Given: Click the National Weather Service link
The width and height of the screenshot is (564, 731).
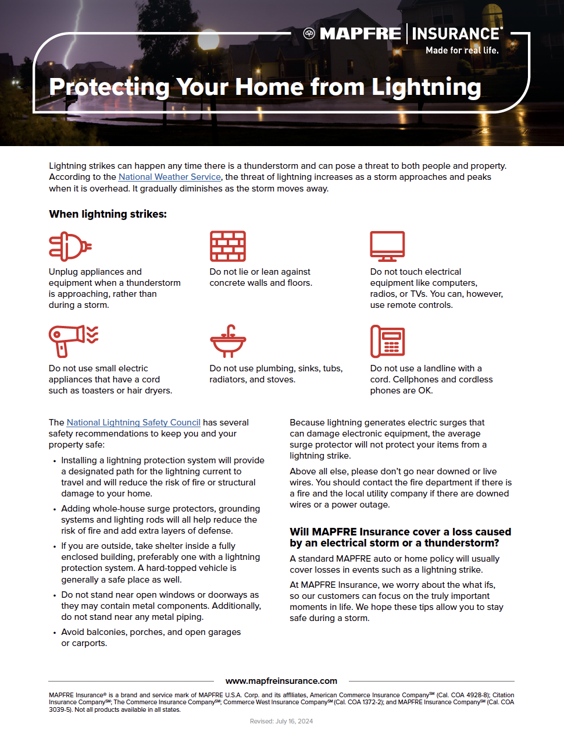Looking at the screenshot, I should click(169, 177).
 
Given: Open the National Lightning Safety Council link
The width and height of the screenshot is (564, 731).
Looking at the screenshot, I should click(133, 423).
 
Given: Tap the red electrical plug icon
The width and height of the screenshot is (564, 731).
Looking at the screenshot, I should click(70, 246).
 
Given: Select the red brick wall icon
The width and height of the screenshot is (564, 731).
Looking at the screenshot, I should click(228, 246).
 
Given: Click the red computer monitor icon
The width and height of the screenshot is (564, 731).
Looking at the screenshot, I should click(387, 246).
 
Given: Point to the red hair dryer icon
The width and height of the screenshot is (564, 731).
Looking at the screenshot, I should click(73, 340).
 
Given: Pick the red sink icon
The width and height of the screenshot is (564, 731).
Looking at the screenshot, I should click(228, 341).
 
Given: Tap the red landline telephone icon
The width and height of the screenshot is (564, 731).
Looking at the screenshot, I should click(387, 341).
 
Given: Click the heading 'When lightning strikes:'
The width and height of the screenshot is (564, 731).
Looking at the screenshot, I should click(108, 214).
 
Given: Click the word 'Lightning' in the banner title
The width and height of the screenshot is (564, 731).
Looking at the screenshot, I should click(426, 88).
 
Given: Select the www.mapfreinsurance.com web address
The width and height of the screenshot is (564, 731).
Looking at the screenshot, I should click(281, 681).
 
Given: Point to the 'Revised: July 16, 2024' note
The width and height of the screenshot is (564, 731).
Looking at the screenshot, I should click(281, 721).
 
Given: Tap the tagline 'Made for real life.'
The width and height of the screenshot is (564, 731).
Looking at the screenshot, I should click(462, 51).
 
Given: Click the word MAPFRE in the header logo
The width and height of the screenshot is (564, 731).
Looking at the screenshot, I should click(360, 34).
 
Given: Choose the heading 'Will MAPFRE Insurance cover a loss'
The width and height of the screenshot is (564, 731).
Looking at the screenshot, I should click(400, 537).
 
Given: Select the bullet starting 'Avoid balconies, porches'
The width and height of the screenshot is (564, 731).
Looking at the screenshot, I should click(151, 637).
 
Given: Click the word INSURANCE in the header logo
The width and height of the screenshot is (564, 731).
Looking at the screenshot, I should click(456, 34).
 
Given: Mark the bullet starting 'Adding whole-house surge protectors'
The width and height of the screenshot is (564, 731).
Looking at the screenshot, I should click(160, 520).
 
